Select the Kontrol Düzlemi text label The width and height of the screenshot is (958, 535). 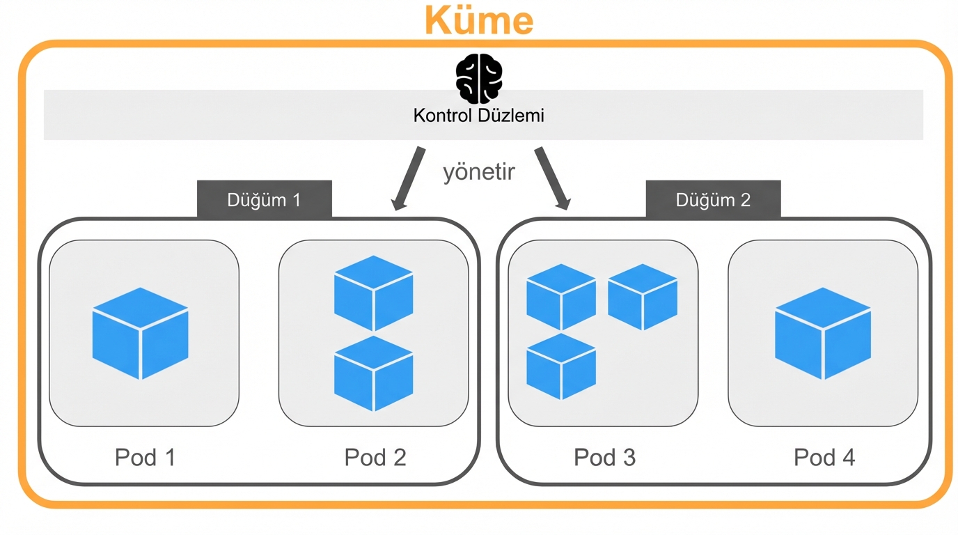coord(479,115)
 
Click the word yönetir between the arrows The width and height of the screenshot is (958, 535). coord(479,171)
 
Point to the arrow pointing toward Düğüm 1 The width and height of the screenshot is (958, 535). coord(409,178)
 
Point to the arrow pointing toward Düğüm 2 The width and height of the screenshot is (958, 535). coord(552,178)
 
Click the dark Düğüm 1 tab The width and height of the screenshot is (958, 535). coord(264,200)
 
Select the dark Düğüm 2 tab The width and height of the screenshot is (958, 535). coord(713,200)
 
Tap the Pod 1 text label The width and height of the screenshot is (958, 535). coord(145,458)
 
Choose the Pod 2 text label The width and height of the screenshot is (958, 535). coord(375,458)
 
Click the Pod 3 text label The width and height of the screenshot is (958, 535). coord(604,458)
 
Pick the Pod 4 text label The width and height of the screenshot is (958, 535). coord(824,458)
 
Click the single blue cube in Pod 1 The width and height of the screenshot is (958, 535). coord(141,333)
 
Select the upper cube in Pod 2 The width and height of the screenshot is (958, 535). coord(374,293)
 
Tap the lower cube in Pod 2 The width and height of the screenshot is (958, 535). coord(374,373)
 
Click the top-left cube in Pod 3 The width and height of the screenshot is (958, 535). coord(561,297)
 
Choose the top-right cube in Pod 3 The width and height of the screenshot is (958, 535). coord(643,297)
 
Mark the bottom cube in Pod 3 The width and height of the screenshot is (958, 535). coord(561,366)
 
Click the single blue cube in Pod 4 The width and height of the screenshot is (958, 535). coord(823,333)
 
